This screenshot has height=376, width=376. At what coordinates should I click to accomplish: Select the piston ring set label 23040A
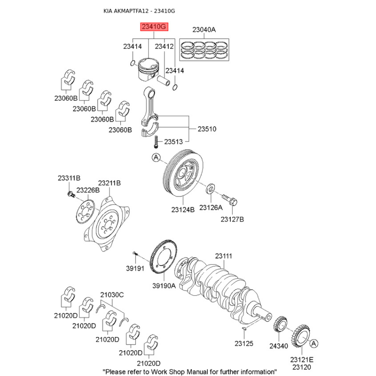204,30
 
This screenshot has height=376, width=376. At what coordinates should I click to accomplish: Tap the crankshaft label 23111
224,256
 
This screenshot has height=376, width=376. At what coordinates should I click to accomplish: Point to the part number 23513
173,141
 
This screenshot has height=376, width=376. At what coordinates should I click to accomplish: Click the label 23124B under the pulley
182,210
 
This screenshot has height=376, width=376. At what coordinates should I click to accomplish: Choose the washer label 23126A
211,207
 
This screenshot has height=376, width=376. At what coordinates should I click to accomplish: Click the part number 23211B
110,183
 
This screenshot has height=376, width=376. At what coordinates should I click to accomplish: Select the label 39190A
164,285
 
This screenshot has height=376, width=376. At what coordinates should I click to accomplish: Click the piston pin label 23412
164,47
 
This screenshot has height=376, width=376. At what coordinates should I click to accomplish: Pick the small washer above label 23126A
211,190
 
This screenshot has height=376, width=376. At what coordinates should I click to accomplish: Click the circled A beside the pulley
157,158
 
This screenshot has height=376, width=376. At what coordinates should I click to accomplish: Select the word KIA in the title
109,10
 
